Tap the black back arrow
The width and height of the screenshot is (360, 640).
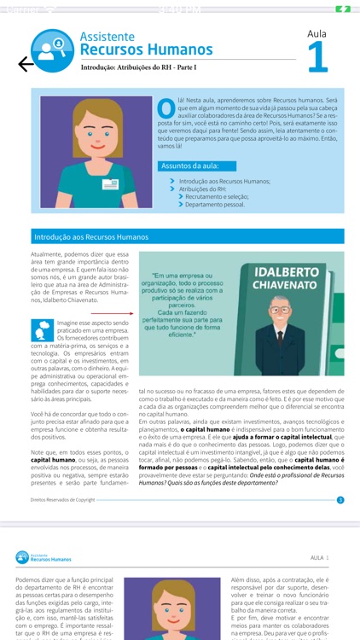tap(26, 64)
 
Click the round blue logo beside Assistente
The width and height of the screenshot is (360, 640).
tap(53, 47)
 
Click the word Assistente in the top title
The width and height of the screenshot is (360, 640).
tap(107, 38)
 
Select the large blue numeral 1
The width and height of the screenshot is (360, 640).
tap(316, 57)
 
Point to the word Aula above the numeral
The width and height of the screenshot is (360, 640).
tap(316, 33)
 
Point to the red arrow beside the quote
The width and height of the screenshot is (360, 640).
tap(125, 314)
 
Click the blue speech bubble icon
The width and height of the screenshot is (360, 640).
tap(42, 329)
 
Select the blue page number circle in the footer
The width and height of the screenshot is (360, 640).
tap(340, 500)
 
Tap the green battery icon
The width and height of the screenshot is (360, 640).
tap(343, 9)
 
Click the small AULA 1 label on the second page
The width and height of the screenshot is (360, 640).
tap(319, 557)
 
